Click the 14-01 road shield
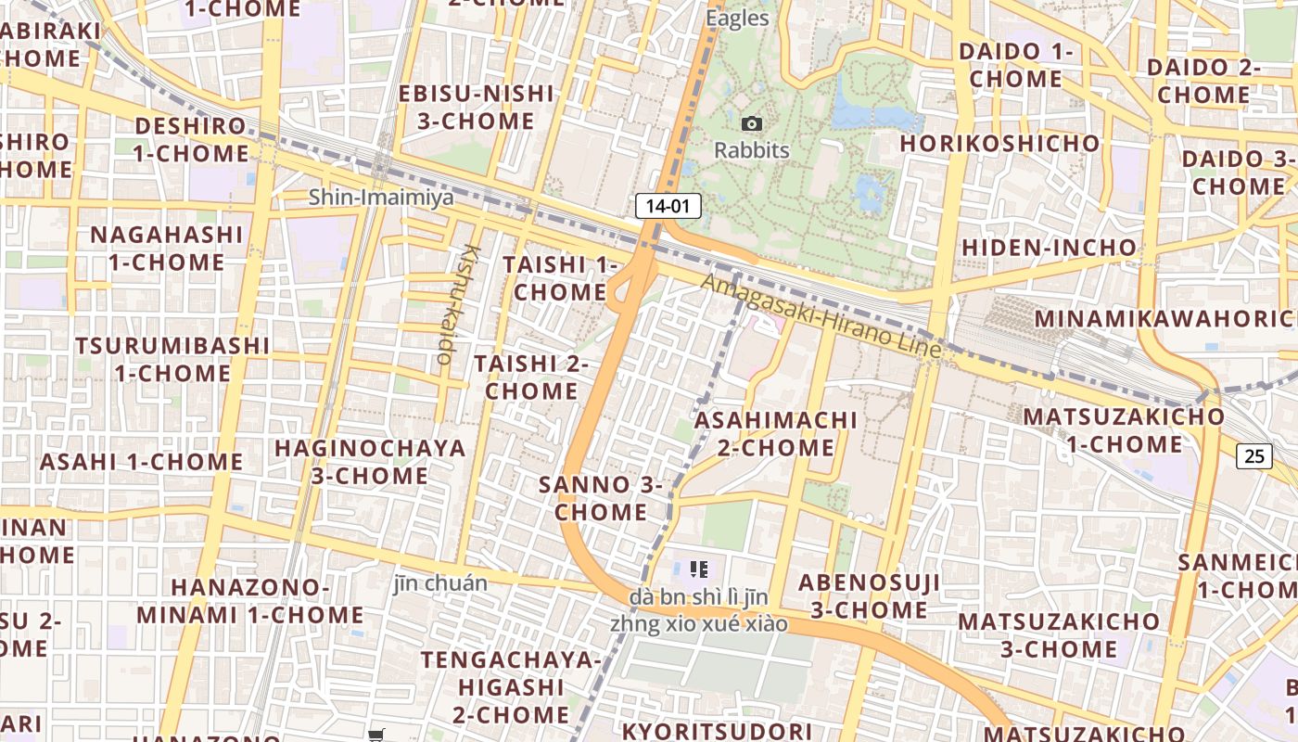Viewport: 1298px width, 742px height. coord(668,206)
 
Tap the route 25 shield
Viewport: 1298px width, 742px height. coord(1253,455)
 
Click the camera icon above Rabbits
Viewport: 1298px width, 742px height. coord(752,123)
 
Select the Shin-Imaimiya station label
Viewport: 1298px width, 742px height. coord(381,197)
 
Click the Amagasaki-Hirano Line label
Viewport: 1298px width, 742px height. coord(821,316)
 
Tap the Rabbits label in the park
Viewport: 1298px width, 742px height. coord(752,150)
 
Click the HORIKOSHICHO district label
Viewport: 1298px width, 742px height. coord(999,144)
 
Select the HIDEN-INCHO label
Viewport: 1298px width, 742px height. coord(1049,248)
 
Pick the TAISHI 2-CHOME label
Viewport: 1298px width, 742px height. coord(531,377)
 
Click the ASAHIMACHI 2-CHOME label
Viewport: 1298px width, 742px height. coord(776,433)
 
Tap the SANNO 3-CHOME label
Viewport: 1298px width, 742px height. coord(601,498)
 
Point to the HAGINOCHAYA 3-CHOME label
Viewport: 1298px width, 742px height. coord(370,462)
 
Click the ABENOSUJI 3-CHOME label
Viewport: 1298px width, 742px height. coord(869,595)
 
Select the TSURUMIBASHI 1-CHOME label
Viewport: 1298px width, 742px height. coord(172,359)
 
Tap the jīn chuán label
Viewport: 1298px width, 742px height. coord(439,583)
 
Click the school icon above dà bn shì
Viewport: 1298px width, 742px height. coord(699,569)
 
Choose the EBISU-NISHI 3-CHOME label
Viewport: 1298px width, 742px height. coord(477,107)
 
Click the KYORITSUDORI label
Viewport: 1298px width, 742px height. coord(716,731)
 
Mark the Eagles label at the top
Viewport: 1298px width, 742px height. coord(737,18)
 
